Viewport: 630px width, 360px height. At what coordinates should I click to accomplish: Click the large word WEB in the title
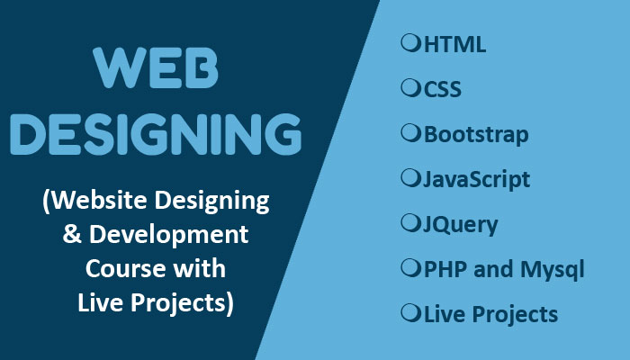coord(156,67)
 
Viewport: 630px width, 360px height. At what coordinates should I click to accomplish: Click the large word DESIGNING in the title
coord(156,135)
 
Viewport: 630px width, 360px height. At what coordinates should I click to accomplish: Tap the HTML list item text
coord(454,44)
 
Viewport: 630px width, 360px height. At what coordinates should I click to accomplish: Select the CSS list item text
coord(443,89)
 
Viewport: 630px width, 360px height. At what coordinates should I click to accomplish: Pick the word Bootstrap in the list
coord(476,135)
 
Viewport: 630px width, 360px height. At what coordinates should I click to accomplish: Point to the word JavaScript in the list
coord(476,180)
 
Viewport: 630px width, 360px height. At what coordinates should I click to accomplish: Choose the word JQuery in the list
coord(461,225)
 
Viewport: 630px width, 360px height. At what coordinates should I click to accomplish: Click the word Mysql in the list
coord(553,270)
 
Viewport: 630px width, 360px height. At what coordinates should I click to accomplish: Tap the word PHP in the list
coord(445,269)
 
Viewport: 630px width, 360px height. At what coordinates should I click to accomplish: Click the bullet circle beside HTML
coord(410,42)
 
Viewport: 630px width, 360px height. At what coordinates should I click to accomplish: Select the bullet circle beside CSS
coord(410,87)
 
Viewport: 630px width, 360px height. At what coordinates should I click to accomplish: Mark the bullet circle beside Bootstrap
coord(410,132)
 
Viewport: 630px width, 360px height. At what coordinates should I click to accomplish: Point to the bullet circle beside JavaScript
coord(410,177)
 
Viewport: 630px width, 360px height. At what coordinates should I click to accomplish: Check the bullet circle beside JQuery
coord(410,222)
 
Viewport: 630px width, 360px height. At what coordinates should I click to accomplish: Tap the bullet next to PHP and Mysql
coord(410,267)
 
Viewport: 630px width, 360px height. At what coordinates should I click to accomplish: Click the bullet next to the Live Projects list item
coord(410,312)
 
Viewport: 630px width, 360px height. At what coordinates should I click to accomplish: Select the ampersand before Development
coord(72,234)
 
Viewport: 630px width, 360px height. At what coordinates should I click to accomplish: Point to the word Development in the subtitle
coord(169,235)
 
